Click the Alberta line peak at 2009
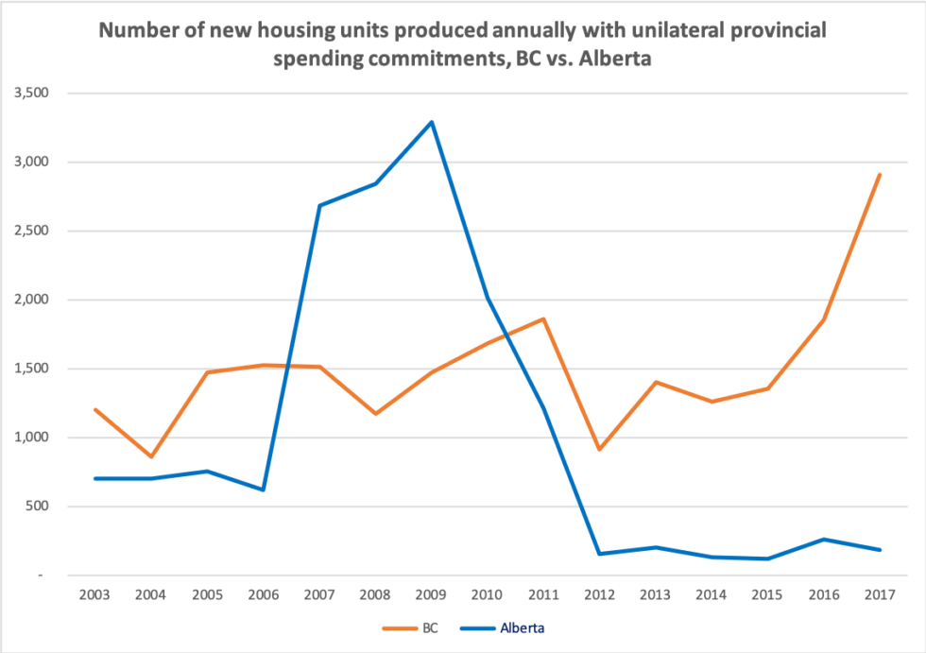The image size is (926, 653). coord(432,122)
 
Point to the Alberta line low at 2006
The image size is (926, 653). coord(264,490)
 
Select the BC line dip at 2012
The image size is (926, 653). coord(600,449)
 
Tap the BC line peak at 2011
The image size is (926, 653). coord(544,318)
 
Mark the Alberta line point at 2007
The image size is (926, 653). coord(319,205)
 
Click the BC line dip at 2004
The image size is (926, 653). coord(151,456)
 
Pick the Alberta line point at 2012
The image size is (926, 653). coord(600,554)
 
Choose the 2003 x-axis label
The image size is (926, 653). coord(94,595)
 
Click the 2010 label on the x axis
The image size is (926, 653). coord(488,595)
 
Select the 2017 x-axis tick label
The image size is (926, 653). coord(881,595)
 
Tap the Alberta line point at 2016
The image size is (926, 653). coord(825,540)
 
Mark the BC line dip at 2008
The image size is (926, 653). coord(376,414)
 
